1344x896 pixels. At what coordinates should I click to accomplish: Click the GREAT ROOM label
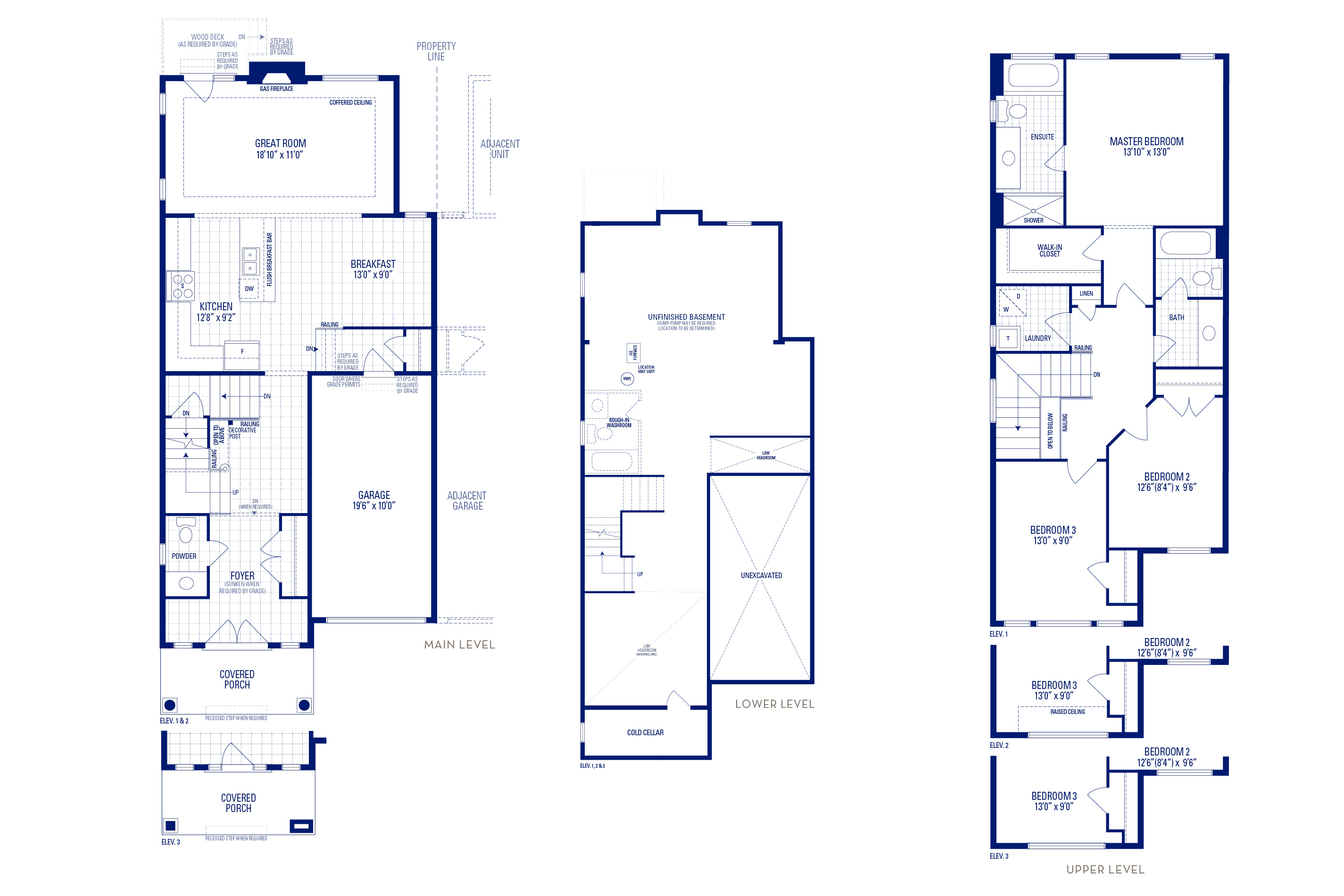point(280,143)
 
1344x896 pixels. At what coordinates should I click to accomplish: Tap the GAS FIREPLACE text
point(276,89)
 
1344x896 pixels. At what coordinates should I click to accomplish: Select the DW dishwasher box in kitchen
point(249,289)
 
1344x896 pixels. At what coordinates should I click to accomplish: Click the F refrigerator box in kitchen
point(242,352)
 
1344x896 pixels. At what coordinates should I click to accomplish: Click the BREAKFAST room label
point(373,264)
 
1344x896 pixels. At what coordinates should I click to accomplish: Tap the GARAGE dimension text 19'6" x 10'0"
point(373,506)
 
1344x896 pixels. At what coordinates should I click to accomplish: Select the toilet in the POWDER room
point(186,531)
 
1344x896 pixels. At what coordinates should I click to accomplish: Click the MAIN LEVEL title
point(459,645)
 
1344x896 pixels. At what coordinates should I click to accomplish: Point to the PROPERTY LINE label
point(436,51)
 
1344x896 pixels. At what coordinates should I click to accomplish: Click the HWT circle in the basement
point(627,379)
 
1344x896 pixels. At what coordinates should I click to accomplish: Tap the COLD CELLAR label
point(645,732)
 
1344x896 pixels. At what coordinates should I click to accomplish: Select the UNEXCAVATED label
point(761,575)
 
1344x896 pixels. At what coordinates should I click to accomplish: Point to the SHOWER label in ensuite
point(1033,220)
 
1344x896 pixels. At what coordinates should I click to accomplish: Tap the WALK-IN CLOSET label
point(1049,250)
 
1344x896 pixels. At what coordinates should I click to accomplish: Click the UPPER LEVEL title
point(1104,869)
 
